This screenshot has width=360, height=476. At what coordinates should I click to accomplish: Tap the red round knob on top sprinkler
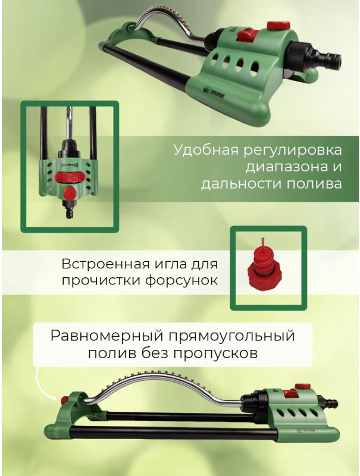(x=275, y=26)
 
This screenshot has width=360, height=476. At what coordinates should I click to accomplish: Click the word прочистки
(x=105, y=280)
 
